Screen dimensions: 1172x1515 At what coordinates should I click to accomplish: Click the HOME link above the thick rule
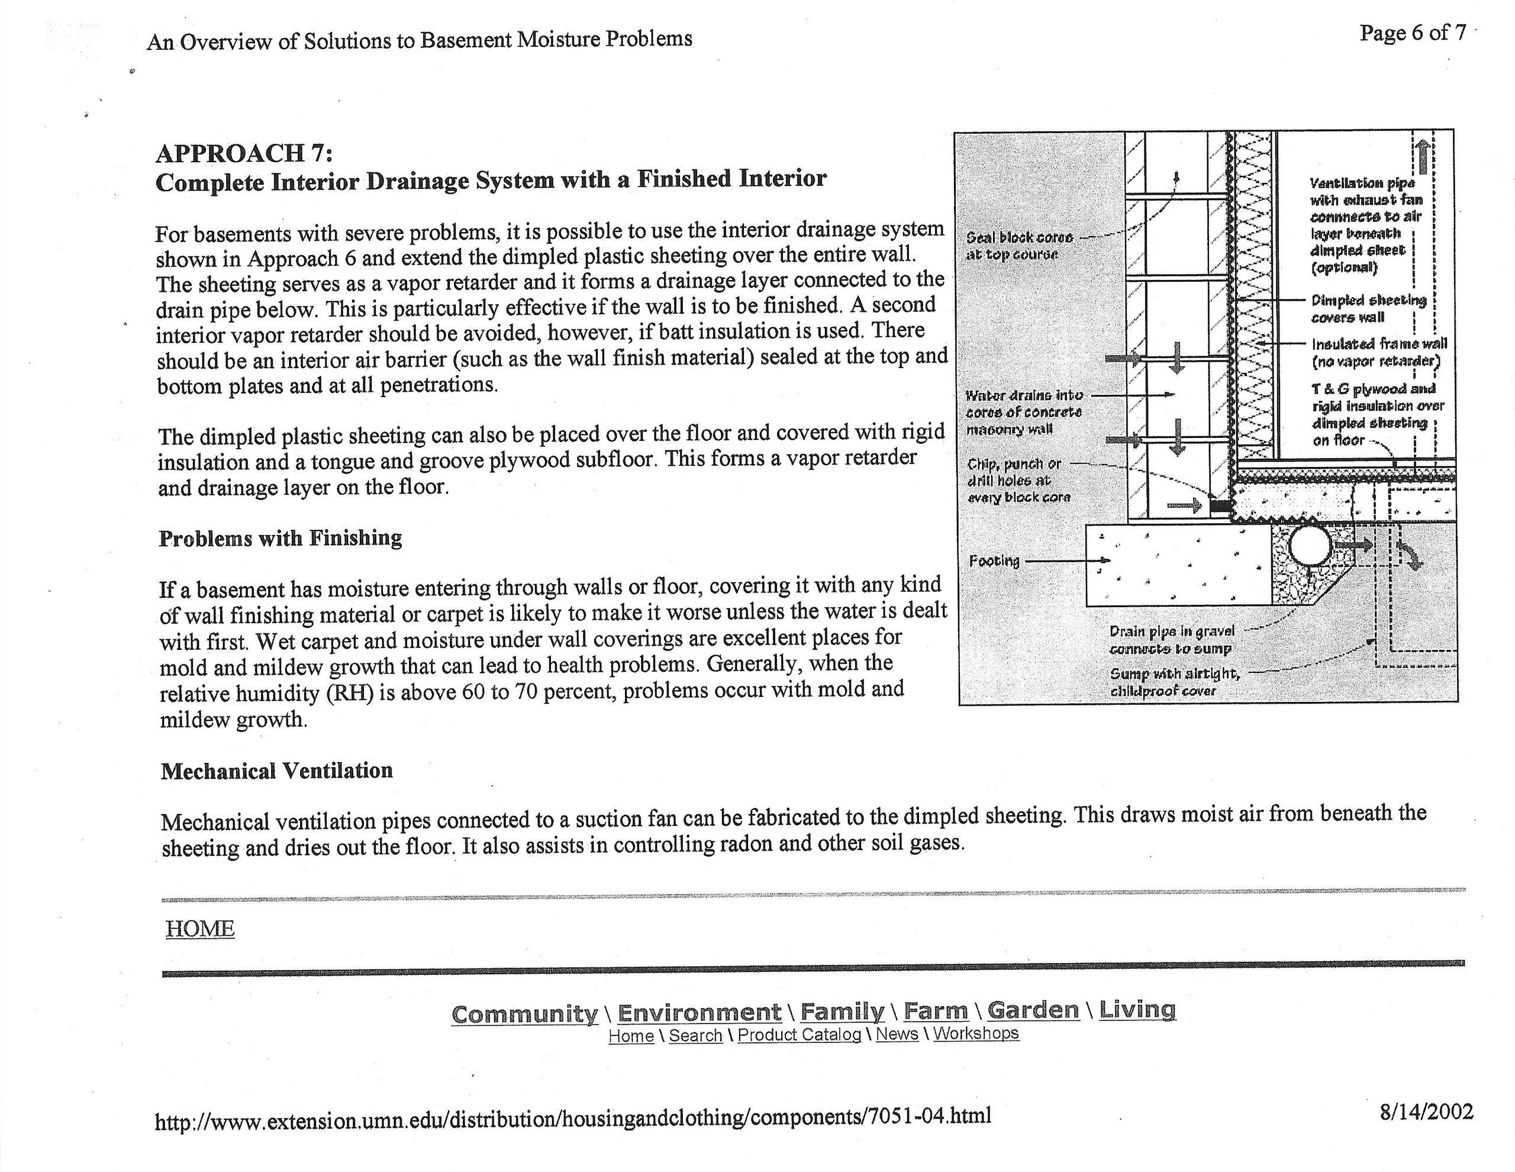click(x=200, y=929)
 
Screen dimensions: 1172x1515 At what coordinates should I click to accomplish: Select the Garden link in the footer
click(x=1033, y=1010)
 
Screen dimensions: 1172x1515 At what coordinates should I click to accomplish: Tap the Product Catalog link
click(x=799, y=1035)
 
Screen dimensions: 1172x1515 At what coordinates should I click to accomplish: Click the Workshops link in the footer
click(x=975, y=1033)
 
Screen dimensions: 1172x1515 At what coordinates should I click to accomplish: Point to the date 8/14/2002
click(x=1426, y=1113)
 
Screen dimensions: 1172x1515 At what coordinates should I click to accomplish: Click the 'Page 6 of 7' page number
click(x=1413, y=33)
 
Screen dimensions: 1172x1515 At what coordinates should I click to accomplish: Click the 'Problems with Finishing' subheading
click(x=281, y=539)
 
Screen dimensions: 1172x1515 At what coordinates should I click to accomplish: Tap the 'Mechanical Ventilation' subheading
click(x=277, y=771)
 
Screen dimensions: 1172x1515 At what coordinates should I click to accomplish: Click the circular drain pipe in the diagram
click(x=1310, y=548)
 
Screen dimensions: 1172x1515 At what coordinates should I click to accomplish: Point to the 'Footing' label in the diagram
click(x=994, y=561)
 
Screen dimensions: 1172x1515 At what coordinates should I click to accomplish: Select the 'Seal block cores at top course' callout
click(x=1019, y=246)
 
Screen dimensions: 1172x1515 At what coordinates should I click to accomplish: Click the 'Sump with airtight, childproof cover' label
click(x=1174, y=682)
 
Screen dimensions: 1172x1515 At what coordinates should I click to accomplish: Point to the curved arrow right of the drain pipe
click(x=1409, y=555)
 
